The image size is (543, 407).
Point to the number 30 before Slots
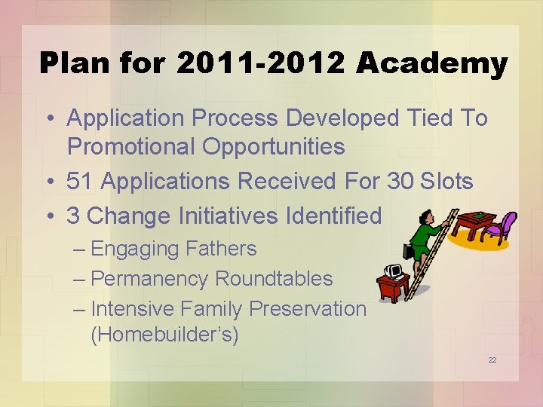pyautogui.click(x=401, y=182)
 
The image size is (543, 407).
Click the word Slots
pyautogui.click(x=446, y=182)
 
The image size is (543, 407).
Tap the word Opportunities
pyautogui.click(x=273, y=147)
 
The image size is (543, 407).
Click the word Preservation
pyautogui.click(x=308, y=309)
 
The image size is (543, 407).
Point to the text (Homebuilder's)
pyautogui.click(x=164, y=335)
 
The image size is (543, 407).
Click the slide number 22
pyautogui.click(x=492, y=360)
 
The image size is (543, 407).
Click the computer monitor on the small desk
pyautogui.click(x=394, y=271)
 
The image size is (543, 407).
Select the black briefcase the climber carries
pyautogui.click(x=409, y=251)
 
